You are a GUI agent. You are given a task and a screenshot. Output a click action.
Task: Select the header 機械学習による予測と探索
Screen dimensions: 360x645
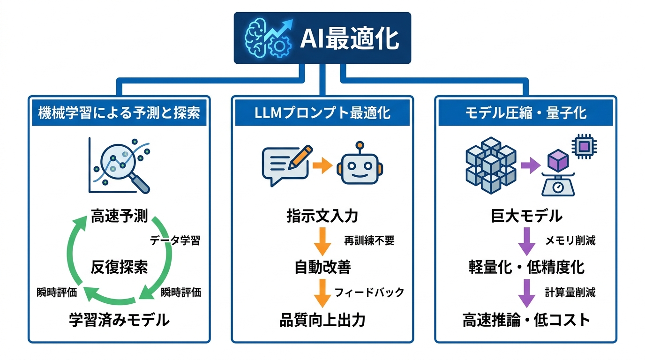(119, 113)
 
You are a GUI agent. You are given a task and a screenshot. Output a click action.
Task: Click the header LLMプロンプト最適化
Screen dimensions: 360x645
(323, 113)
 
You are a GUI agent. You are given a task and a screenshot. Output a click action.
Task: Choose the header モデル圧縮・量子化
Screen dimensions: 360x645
(525, 113)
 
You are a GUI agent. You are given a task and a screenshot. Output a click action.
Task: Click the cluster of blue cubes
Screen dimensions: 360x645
(490, 166)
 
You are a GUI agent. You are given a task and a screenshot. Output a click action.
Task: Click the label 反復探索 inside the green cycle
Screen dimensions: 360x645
(119, 267)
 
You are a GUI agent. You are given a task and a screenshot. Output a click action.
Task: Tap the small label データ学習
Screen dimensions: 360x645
(175, 241)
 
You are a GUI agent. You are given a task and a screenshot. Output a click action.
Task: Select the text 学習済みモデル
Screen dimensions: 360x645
(119, 320)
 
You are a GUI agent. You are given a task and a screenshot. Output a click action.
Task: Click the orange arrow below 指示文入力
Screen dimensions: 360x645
(322, 240)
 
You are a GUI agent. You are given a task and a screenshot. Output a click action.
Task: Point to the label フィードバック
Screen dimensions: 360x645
(369, 292)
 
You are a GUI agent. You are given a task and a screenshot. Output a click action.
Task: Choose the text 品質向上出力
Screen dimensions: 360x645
(322, 320)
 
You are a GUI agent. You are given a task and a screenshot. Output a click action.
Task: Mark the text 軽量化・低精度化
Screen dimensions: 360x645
(525, 267)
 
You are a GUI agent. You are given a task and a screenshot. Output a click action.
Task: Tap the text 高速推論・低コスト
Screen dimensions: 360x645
(525, 320)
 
